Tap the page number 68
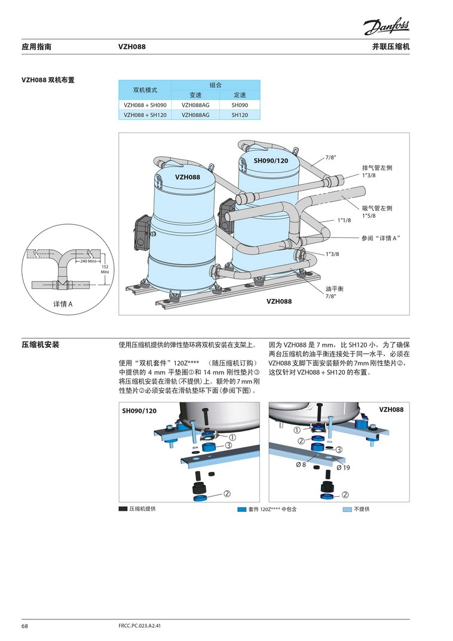tap(25, 626)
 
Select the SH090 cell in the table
tap(239, 105)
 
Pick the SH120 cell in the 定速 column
tap(239, 115)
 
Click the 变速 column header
tap(196, 95)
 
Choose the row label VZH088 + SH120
tap(145, 115)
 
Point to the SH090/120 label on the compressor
tap(271, 161)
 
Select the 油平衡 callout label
tap(335, 289)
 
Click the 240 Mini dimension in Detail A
tap(88, 262)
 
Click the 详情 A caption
tap(63, 304)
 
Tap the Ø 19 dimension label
tap(343, 467)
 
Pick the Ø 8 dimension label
tap(300, 465)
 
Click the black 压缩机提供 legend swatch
tap(123, 509)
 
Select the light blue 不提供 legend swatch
tap(347, 509)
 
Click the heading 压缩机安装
tap(41, 345)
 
